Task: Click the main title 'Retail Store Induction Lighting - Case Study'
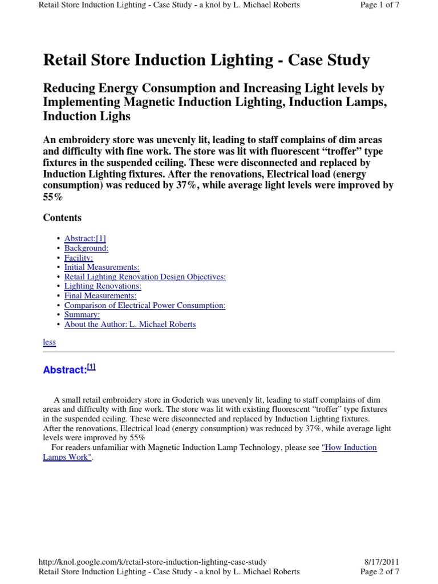tap(206, 60)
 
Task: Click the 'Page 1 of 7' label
tap(379, 5)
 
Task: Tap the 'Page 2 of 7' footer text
tap(379, 571)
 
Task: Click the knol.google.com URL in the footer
tap(152, 562)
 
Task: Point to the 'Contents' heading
tap(62, 218)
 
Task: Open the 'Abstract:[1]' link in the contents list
tap(85, 239)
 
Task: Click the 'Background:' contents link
tap(86, 248)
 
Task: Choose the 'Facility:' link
tap(79, 258)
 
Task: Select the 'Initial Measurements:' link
tap(102, 267)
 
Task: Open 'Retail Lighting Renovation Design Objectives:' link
tap(145, 277)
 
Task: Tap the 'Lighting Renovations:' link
tap(103, 286)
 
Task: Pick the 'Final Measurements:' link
tap(100, 295)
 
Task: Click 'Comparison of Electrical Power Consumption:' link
tap(145, 305)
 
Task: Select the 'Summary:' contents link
tap(82, 315)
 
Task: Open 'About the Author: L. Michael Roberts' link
tap(130, 324)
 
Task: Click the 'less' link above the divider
tap(50, 342)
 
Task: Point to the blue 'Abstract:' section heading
tap(65, 370)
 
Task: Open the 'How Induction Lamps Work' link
tap(349, 448)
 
